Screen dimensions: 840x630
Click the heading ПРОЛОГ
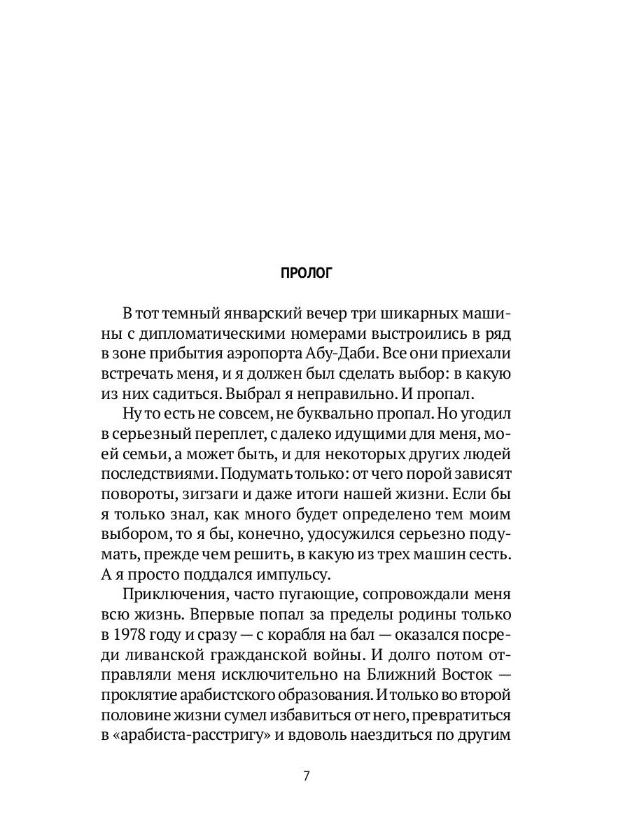click(306, 273)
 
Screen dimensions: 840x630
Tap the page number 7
click(306, 776)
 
